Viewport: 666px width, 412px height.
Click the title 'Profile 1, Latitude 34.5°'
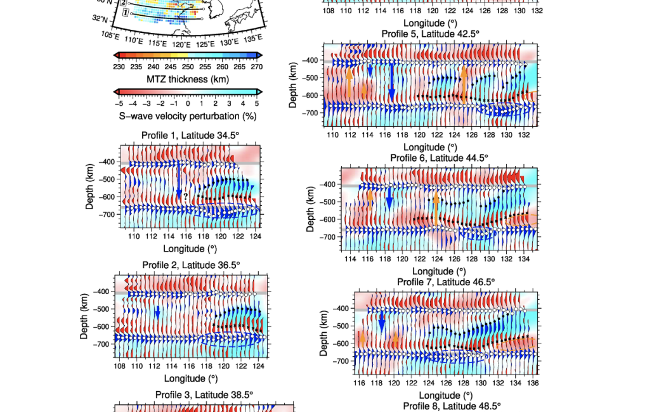[x=190, y=134]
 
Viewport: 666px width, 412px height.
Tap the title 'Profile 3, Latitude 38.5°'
[x=204, y=395]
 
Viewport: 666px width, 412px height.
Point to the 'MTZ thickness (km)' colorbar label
[x=188, y=79]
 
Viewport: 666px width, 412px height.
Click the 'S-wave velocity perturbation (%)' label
[x=188, y=116]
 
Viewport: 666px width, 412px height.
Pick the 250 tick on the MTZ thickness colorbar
[x=188, y=66]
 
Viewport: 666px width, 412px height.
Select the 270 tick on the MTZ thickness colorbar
[x=256, y=66]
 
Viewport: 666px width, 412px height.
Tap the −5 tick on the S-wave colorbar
[x=119, y=103]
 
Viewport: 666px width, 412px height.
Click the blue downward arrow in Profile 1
[x=179, y=180]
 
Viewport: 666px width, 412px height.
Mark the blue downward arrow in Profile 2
[x=157, y=312]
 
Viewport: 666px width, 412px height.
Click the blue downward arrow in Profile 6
[x=389, y=200]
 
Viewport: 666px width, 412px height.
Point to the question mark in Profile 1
[x=185, y=196]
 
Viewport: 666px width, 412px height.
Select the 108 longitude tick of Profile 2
[x=119, y=366]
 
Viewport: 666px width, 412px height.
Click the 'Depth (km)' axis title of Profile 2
[x=84, y=316]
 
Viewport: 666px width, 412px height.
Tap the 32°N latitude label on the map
[x=100, y=19]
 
